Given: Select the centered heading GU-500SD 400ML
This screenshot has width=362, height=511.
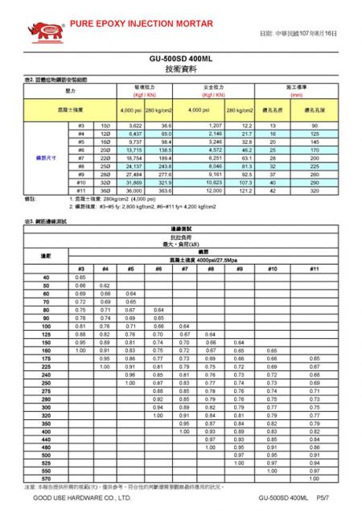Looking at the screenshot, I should pyautogui.click(x=180, y=59).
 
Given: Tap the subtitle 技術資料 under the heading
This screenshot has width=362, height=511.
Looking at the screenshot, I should pyautogui.click(x=180, y=71).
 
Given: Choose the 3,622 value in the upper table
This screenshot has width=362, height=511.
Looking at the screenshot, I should pyautogui.click(x=134, y=126).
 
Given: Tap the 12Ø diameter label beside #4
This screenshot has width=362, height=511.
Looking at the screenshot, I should pyautogui.click(x=105, y=134).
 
